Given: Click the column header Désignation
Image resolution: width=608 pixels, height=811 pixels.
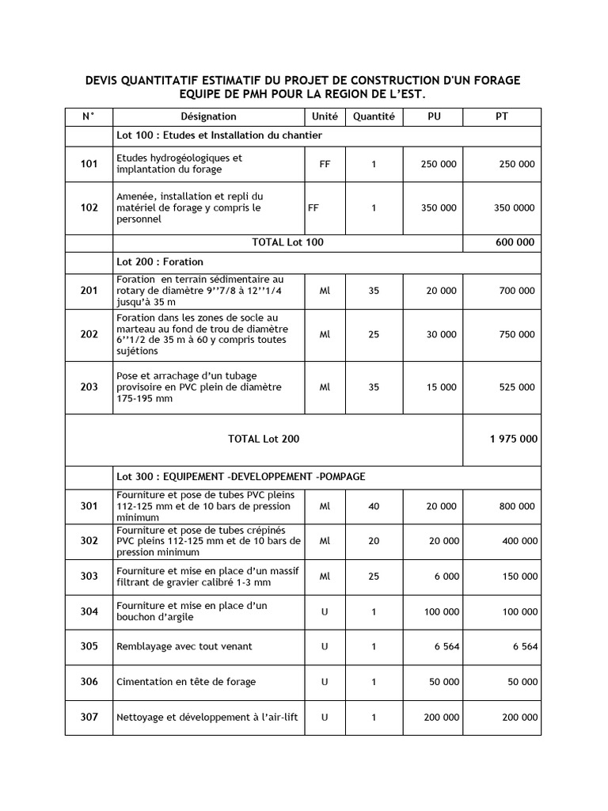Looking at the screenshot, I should coord(208,116).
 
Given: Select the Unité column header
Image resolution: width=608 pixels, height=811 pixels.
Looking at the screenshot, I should coord(325,116).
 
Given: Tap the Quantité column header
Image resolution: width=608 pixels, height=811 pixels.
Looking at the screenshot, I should coord(374,116).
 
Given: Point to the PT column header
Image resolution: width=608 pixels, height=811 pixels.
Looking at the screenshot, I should coord(502,116).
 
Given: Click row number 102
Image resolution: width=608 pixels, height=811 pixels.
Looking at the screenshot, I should coord(89,208).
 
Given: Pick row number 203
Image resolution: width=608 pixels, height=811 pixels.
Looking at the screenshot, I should coord(89,387).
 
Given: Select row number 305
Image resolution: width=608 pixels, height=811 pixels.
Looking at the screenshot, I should coord(89,646).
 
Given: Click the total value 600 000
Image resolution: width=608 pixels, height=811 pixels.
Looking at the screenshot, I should coord(515,242).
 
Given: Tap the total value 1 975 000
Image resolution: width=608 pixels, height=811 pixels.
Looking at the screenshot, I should coord(514,439).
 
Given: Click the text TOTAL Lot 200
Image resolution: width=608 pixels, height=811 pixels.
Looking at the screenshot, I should coord(264,439).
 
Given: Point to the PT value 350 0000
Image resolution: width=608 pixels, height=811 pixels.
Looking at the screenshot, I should coord(514,208).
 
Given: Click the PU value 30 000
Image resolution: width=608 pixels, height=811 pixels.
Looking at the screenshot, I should coord(441,334).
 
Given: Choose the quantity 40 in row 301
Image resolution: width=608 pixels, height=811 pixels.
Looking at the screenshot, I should coord(374,505).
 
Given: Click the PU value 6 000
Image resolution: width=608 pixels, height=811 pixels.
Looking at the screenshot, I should coord(446,577).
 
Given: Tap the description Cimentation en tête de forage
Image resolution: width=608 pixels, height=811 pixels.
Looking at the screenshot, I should coord(186,682).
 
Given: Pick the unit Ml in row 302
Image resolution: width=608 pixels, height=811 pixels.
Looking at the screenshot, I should coord(325,541).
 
